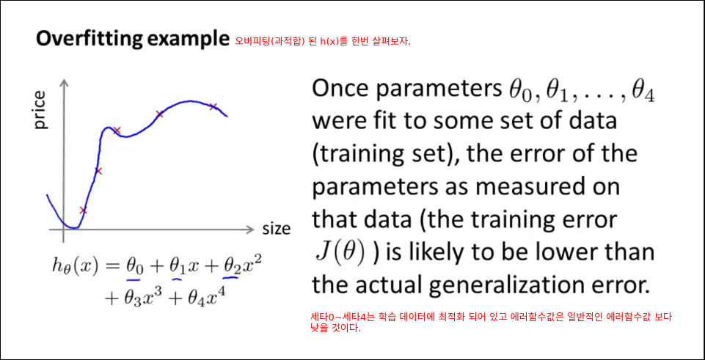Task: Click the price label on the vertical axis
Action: tap(40, 110)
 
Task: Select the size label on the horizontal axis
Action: tap(276, 229)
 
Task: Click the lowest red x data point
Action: tap(83, 210)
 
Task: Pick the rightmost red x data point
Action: tap(213, 106)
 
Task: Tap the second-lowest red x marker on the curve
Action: tap(99, 171)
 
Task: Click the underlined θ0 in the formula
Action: tap(134, 268)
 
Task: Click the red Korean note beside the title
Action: tap(323, 41)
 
